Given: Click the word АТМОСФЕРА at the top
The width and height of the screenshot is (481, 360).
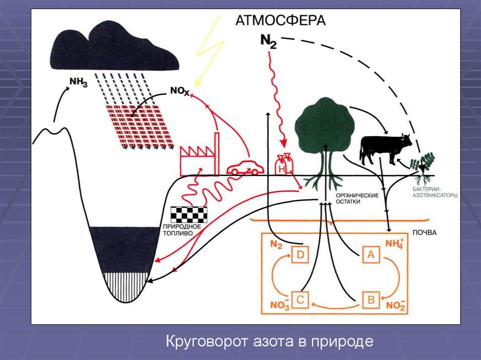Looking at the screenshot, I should click(x=280, y=21).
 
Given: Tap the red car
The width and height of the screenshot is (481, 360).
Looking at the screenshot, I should click(x=245, y=167).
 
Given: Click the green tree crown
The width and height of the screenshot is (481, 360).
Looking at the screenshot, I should click(x=324, y=124).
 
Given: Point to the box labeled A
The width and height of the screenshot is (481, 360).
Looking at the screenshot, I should click(x=370, y=255).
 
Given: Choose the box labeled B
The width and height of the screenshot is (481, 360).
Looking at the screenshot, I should click(x=370, y=299).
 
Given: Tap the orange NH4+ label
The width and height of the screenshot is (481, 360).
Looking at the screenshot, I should click(x=394, y=244).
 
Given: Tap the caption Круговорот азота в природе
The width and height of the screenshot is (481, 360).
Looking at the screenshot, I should click(x=270, y=341).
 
